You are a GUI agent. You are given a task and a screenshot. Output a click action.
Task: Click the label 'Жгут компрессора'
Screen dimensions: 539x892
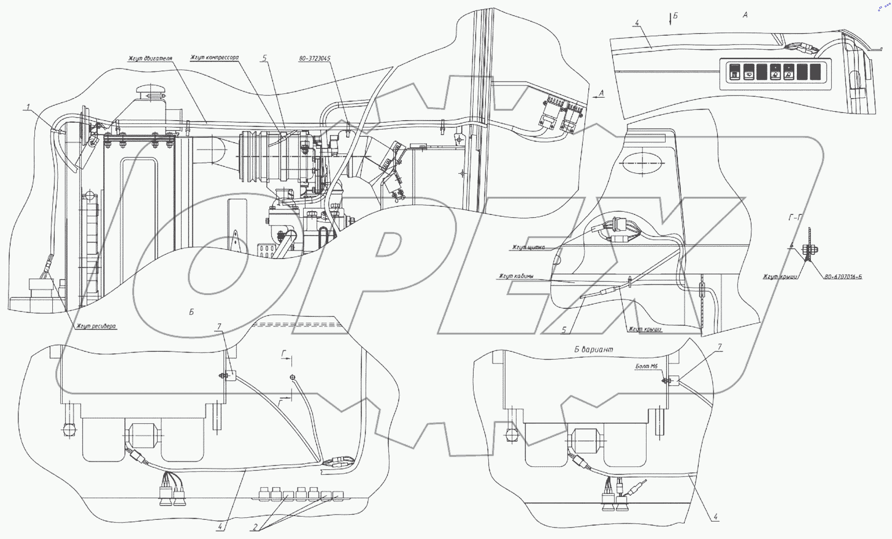[x=215, y=57]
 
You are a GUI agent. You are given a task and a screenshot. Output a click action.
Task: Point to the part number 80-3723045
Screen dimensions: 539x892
[x=315, y=58]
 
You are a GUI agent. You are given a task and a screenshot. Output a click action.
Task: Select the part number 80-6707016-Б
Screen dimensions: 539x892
[x=843, y=277]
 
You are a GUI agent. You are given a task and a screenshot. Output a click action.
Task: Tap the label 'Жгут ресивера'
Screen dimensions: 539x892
[x=96, y=326]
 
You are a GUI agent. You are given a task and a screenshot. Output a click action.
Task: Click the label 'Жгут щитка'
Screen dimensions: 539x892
[x=528, y=247]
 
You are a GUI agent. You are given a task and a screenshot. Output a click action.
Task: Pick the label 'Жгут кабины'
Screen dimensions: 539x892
[x=517, y=277]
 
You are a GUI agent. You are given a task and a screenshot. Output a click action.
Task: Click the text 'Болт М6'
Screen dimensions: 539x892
[x=647, y=366]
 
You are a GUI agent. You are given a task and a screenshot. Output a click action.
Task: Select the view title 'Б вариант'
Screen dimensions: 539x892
[x=593, y=350]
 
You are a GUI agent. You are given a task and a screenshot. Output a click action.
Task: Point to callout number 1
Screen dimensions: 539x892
[x=28, y=107]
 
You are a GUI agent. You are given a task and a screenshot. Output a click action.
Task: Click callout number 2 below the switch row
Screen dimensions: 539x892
[x=255, y=527]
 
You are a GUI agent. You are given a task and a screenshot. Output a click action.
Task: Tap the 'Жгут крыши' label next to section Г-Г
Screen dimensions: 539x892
[x=780, y=277]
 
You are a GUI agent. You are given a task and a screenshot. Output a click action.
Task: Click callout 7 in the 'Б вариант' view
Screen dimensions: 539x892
[x=720, y=347]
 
